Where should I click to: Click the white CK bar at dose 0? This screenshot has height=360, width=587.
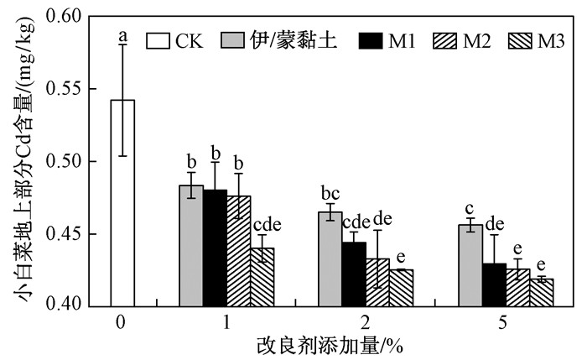tap(122, 201)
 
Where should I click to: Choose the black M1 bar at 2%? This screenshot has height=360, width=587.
tap(353, 273)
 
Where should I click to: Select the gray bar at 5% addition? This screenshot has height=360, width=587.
tap(469, 264)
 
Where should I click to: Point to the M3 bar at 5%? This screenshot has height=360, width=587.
tap(540, 290)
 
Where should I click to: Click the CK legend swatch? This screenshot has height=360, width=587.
tap(158, 39)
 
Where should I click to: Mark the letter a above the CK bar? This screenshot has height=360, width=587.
tap(122, 36)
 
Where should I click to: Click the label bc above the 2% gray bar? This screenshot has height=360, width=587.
tap(330, 195)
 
